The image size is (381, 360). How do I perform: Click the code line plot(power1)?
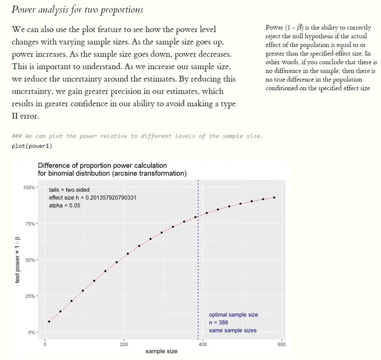coord(31,146)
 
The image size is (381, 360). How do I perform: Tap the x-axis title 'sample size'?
coord(162,351)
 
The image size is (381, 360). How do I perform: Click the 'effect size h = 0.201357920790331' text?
coord(93,198)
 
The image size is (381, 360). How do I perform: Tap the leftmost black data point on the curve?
coord(49,321)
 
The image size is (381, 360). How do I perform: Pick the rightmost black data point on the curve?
coord(274,198)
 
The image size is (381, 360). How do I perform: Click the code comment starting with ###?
coord(137,136)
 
